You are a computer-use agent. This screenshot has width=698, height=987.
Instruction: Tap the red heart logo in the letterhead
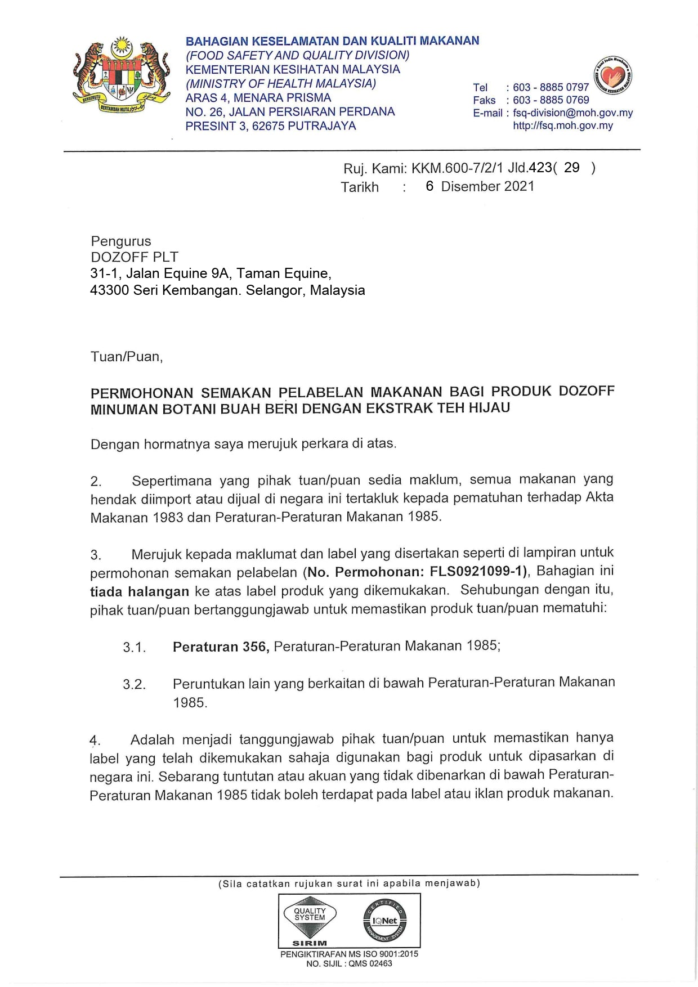click(x=613, y=75)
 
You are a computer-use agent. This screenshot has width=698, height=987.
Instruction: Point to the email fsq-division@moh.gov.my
click(x=572, y=113)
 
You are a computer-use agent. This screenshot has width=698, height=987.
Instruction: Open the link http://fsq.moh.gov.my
click(x=562, y=125)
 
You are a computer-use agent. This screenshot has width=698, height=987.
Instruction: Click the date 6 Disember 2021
click(x=480, y=186)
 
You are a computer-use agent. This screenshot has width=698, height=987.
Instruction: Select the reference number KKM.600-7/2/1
click(x=458, y=168)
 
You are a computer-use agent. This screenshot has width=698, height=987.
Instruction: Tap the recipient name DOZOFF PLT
click(x=134, y=257)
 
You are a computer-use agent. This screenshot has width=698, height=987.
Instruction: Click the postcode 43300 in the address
click(x=109, y=290)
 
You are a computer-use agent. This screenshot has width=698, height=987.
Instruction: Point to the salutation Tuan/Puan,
click(x=126, y=357)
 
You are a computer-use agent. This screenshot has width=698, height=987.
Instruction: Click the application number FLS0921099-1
click(x=477, y=572)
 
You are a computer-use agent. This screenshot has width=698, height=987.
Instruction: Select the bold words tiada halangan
click(x=139, y=591)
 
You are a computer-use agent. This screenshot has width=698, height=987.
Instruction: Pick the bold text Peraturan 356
click(x=220, y=647)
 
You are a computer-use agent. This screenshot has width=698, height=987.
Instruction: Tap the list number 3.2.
click(x=134, y=684)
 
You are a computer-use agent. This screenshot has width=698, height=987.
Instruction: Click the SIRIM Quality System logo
click(x=310, y=921)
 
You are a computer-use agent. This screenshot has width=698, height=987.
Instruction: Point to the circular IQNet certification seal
click(x=385, y=921)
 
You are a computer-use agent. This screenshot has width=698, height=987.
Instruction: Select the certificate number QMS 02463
click(x=370, y=963)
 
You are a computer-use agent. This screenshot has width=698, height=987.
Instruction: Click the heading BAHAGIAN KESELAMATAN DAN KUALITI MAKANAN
click(x=332, y=41)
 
